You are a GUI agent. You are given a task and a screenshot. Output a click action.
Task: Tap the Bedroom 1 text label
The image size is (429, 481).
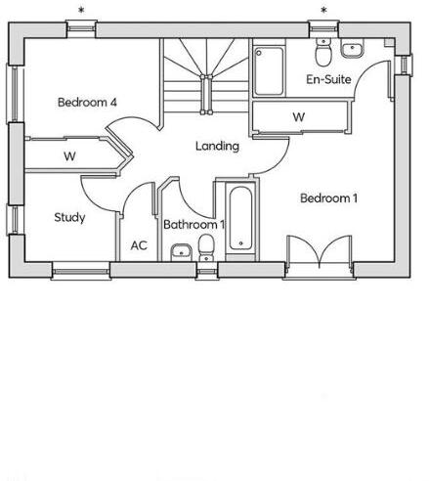[328, 198]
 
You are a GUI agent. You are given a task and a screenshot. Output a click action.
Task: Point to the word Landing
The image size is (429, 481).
[217, 147]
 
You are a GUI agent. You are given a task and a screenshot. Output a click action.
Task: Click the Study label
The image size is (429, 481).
[69, 217]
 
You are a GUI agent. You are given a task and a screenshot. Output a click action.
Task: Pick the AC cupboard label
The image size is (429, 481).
[139, 245]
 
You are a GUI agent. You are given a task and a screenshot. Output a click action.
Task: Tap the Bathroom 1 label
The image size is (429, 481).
[194, 225]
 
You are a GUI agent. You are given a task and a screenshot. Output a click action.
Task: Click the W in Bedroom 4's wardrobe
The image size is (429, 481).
[70, 156]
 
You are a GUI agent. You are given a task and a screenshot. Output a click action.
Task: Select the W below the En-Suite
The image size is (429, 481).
[299, 118]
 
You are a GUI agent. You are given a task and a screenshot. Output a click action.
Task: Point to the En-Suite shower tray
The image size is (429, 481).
[270, 67]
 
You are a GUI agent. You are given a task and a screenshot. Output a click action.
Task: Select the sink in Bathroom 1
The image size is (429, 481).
[179, 253]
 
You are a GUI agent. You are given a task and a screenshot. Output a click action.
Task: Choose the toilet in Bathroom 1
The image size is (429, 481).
[204, 252]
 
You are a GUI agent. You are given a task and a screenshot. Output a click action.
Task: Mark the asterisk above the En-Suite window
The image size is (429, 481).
[323, 11]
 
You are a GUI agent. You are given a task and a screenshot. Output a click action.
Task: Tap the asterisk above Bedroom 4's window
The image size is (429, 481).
[82, 11]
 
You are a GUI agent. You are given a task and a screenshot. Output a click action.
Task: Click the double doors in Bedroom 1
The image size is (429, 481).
[321, 251]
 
